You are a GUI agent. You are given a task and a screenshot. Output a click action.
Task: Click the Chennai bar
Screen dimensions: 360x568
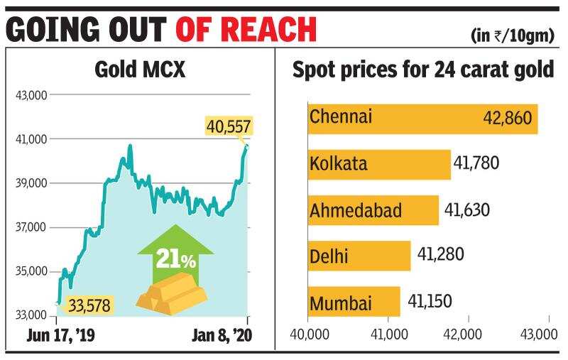coord(422,119)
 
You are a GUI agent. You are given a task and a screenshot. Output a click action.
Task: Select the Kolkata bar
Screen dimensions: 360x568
coord(379,165)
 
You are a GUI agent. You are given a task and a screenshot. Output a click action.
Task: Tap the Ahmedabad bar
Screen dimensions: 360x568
coord(373,210)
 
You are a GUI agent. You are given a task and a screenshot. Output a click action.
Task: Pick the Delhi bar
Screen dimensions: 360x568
coord(359,256)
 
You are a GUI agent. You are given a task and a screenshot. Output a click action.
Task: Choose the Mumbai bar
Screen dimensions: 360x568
coord(354,302)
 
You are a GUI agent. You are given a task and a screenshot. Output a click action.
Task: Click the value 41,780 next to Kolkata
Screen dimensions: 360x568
coord(478,164)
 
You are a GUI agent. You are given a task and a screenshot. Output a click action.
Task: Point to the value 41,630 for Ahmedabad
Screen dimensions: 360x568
coord(467,210)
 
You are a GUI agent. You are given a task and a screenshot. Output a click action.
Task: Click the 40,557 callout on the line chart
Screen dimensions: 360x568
coord(229,127)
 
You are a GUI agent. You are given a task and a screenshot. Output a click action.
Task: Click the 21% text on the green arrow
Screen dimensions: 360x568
coord(175,260)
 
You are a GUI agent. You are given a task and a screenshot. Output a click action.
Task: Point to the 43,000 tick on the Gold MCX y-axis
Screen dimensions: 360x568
coord(29,95)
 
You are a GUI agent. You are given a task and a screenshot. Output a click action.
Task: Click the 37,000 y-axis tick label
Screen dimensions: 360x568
coord(29,227)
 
